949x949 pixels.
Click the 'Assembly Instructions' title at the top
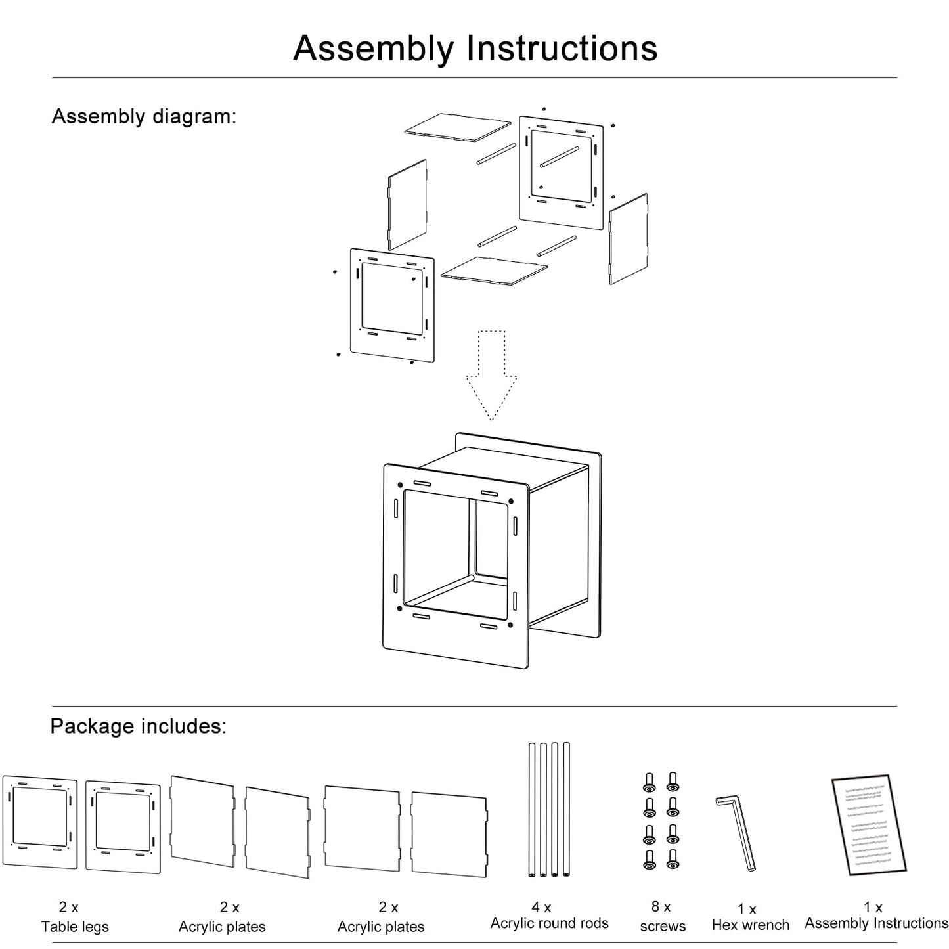pyautogui.click(x=475, y=48)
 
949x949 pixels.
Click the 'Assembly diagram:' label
pyautogui.click(x=144, y=116)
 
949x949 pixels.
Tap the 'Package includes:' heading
pyautogui.click(x=138, y=726)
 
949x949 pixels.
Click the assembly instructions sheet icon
pyautogui.click(x=868, y=825)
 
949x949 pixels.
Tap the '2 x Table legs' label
pyautogui.click(x=74, y=917)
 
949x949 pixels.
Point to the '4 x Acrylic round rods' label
pyautogui.click(x=549, y=915)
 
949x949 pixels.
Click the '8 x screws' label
pyautogui.click(x=662, y=916)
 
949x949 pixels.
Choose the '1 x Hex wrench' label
pyautogui.click(x=750, y=917)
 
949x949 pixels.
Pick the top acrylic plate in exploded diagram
pyautogui.click(x=457, y=125)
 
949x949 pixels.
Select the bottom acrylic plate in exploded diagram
pyautogui.click(x=494, y=270)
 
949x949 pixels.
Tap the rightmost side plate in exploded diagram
pyautogui.click(x=629, y=238)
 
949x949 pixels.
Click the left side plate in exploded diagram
pyautogui.click(x=407, y=204)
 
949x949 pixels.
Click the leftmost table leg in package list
pyautogui.click(x=39, y=822)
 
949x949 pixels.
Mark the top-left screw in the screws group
pyautogui.click(x=650, y=782)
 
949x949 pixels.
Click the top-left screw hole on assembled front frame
pyautogui.click(x=400, y=485)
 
